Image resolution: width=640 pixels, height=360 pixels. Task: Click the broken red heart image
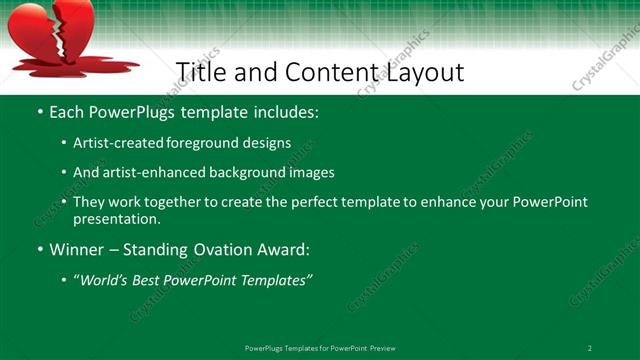point(50,30)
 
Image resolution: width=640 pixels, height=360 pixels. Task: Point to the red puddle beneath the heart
point(75,67)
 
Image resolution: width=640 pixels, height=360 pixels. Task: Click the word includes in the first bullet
point(281,113)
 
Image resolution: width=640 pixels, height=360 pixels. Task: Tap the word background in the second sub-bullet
point(252,172)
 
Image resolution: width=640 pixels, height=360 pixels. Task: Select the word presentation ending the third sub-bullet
point(116,218)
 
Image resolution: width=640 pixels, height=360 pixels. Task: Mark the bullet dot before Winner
point(39,250)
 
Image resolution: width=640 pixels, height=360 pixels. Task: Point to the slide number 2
point(590,347)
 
